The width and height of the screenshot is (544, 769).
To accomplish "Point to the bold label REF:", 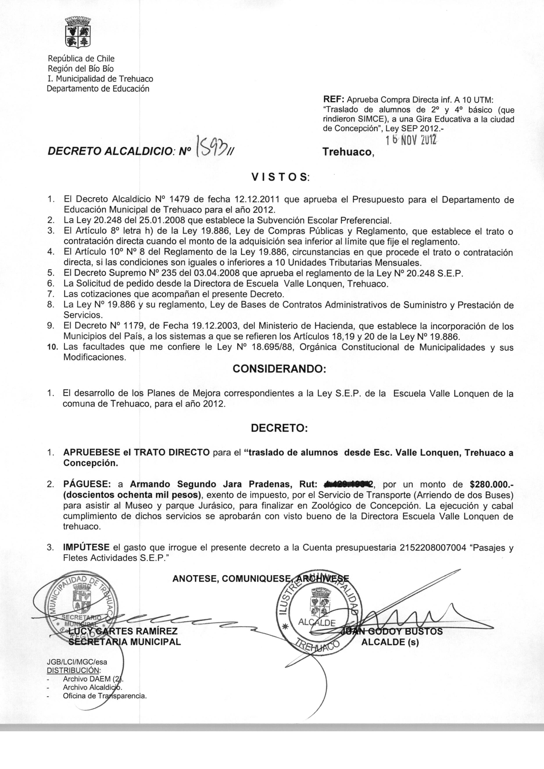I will click(x=333, y=99).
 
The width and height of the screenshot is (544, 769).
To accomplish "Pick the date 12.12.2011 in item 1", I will click(x=257, y=200).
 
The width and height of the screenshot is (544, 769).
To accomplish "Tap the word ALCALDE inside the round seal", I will click(x=317, y=623).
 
